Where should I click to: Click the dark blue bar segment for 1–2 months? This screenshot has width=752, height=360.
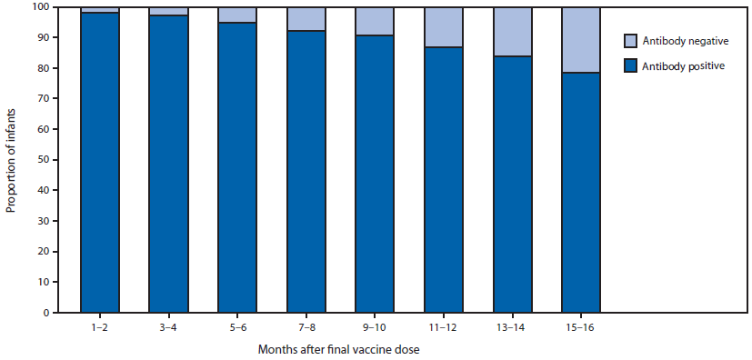tap(99, 163)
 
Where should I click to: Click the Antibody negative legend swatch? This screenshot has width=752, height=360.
tap(631, 41)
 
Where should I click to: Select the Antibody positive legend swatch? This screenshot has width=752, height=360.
tap(631, 65)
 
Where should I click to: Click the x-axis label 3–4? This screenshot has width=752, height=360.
tap(168, 326)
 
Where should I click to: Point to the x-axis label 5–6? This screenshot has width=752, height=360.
tap(237, 326)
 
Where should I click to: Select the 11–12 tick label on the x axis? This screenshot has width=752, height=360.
tap(444, 326)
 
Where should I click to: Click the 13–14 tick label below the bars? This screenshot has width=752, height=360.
tap(512, 326)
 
